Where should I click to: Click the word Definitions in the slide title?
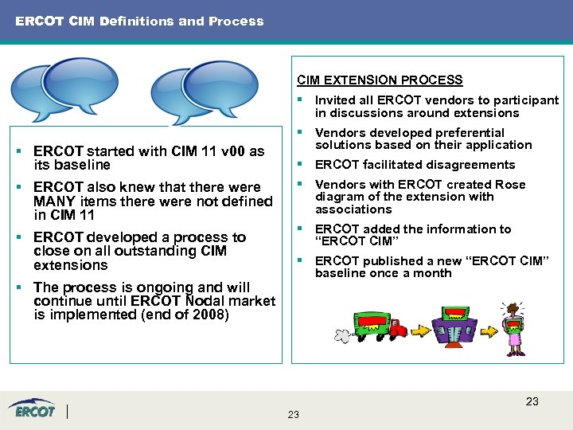(x=136, y=21)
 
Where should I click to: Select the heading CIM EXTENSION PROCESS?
(x=380, y=80)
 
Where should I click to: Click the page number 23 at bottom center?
(x=293, y=415)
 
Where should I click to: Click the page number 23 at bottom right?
(x=532, y=401)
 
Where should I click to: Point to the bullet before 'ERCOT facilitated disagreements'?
(x=300, y=165)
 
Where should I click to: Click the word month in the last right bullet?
(x=434, y=273)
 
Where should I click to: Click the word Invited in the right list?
(x=334, y=100)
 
